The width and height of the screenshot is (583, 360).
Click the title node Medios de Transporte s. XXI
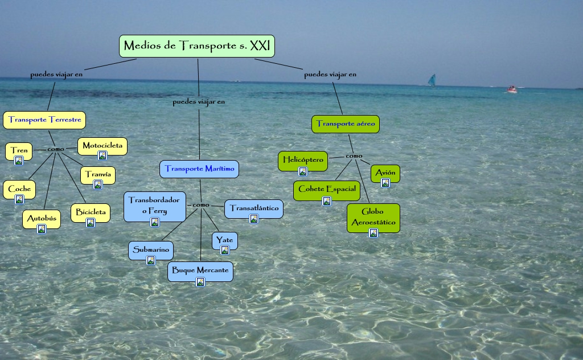(x=197, y=46)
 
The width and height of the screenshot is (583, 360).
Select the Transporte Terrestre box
(x=44, y=120)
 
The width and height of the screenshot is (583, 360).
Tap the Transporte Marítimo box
(x=199, y=169)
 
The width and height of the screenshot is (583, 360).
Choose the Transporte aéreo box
(x=345, y=124)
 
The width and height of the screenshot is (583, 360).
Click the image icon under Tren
(x=19, y=161)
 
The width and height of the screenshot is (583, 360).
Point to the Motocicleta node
(x=102, y=146)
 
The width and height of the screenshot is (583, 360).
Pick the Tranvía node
(x=98, y=175)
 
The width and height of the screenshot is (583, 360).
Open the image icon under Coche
(x=19, y=199)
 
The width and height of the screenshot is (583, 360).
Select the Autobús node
(x=42, y=219)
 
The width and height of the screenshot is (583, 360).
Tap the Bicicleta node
(x=91, y=213)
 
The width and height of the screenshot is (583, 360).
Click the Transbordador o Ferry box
(x=155, y=206)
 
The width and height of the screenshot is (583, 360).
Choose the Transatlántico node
(x=254, y=209)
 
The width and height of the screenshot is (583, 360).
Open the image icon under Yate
(x=225, y=250)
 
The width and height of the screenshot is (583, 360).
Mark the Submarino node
(x=151, y=251)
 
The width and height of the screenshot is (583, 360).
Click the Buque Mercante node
(x=200, y=271)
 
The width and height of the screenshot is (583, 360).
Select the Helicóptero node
(x=303, y=161)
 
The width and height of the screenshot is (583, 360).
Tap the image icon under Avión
(x=385, y=183)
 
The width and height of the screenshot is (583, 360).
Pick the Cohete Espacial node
(x=327, y=190)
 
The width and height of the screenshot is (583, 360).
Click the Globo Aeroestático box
(x=373, y=218)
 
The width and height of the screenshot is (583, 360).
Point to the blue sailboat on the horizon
(x=432, y=80)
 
